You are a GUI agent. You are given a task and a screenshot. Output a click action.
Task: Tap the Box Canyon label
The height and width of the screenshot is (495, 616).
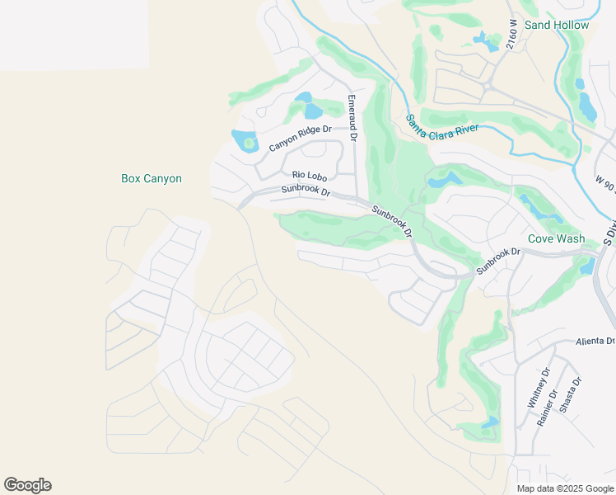[x=151, y=178]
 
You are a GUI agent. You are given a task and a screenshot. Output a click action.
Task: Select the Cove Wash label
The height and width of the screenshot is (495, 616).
[x=556, y=238]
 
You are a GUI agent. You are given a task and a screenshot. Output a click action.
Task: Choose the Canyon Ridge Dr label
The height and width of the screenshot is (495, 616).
[x=300, y=138]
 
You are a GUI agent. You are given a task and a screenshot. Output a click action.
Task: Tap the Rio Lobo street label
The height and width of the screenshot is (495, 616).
[x=310, y=174]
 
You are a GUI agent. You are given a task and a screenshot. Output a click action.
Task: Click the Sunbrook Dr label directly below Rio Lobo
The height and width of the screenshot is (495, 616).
[x=305, y=190]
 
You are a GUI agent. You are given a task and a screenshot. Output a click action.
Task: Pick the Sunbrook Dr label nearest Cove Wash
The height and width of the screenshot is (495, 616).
[x=498, y=261]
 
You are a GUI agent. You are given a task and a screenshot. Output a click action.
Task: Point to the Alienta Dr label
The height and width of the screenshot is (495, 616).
[x=595, y=341]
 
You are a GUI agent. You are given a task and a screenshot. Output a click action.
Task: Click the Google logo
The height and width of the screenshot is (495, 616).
[x=28, y=485]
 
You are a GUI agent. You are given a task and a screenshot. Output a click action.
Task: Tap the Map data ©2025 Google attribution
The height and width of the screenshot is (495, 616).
[x=565, y=488]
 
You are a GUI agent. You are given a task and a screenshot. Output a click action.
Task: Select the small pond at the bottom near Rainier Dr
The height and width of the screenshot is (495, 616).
[x=491, y=423]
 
